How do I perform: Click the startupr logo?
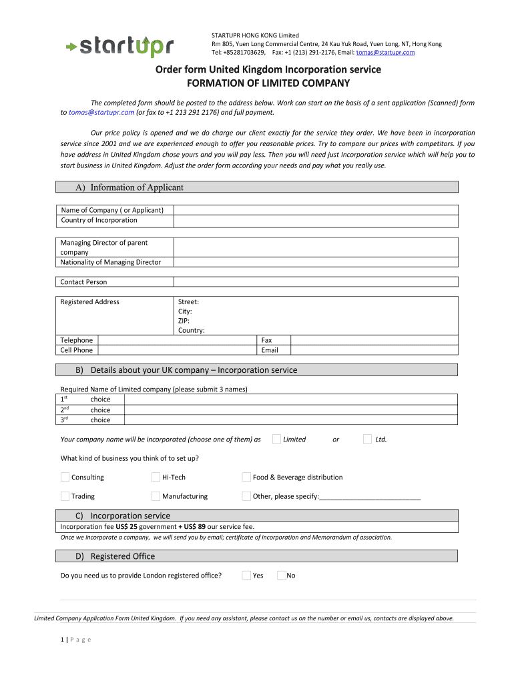(120, 46)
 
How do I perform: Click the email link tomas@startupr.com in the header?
(385, 52)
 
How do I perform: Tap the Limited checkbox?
(276, 439)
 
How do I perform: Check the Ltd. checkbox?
(367, 439)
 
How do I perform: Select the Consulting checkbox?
(65, 477)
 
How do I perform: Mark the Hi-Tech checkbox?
(156, 477)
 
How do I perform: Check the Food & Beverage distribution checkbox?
(246, 477)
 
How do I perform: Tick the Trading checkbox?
(65, 496)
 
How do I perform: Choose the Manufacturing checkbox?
(156, 496)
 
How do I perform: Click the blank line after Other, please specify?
(370, 496)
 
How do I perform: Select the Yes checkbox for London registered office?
(246, 575)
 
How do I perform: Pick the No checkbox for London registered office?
(281, 575)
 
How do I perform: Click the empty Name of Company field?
(315, 210)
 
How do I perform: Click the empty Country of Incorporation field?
(315, 220)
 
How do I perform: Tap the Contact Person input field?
(315, 282)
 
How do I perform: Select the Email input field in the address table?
(374, 350)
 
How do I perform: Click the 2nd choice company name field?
(290, 410)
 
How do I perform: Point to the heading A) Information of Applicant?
(137, 187)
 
